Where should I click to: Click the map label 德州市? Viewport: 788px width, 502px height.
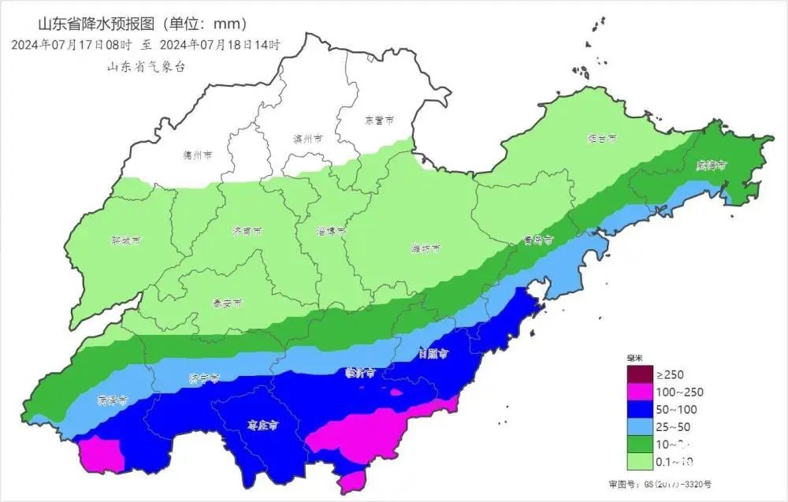coord(196,155)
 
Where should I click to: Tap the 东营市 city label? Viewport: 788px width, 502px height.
coord(378,121)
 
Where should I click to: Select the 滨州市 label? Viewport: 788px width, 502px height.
coord(308,138)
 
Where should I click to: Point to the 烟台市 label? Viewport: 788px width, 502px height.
coord(602,138)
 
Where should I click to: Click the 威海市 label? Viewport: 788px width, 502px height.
coord(711,165)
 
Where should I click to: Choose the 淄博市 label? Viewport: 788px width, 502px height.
coord(330,232)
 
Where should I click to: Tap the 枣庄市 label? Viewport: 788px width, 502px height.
coord(262,426)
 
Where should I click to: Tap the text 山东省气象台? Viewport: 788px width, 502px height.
coord(146,68)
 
